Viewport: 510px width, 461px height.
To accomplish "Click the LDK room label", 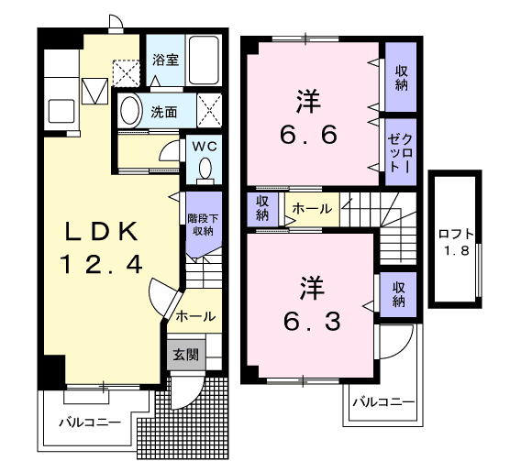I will click(101, 229).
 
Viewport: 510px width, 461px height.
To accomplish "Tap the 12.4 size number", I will click(102, 265).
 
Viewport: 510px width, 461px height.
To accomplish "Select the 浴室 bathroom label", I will click(165, 60).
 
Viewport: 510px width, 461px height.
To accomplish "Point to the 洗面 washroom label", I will click(165, 113).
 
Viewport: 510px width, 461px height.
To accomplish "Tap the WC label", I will click(203, 147).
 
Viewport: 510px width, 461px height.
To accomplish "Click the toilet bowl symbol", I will click(204, 169).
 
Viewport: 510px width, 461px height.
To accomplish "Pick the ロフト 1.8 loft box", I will click(455, 240).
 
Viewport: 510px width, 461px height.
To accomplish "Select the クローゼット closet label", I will click(401, 152).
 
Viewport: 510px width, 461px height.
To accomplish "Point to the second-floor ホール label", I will click(313, 209).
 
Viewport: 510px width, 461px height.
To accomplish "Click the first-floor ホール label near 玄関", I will click(194, 316).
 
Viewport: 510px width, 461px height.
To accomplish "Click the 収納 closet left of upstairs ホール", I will click(262, 208).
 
